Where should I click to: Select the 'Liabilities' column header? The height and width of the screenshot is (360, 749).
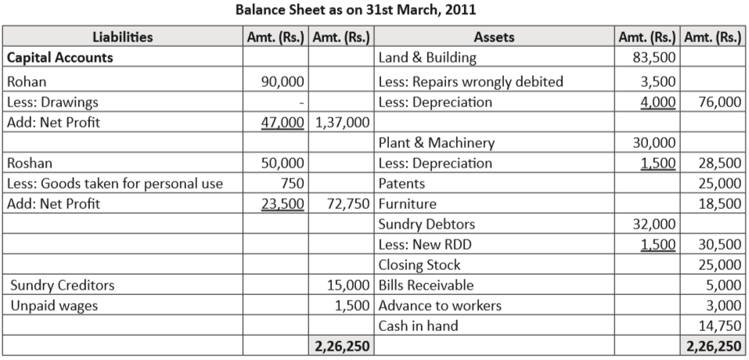(122, 37)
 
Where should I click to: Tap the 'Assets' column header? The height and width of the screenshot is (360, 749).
(494, 37)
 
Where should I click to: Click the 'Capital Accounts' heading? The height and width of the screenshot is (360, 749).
(59, 57)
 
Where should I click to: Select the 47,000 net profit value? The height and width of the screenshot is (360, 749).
(283, 122)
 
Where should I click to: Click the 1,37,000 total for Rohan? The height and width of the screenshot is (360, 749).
(341, 122)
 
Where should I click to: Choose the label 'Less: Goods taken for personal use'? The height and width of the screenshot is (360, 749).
(114, 184)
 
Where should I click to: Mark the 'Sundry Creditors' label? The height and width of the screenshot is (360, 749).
(63, 285)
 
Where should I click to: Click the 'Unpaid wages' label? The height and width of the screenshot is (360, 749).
(54, 305)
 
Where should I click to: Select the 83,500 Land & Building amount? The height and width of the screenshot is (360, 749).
(654, 57)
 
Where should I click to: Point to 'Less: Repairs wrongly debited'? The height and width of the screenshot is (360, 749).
(470, 81)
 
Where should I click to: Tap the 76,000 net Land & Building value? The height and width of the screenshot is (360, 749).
(719, 102)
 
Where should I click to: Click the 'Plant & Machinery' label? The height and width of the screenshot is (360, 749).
(436, 142)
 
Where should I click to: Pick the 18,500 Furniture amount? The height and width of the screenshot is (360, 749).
(719, 204)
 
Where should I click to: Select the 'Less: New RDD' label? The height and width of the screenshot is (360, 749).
(425, 244)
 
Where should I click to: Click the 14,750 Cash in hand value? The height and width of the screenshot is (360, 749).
(719, 326)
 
